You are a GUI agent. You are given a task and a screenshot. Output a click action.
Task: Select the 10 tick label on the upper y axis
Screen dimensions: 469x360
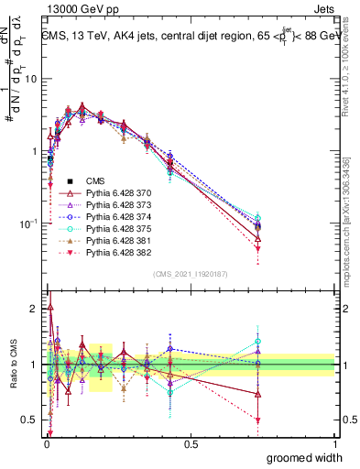tap(30, 79)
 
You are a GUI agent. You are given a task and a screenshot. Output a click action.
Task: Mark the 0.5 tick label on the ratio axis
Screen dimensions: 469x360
tap(30, 420)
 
